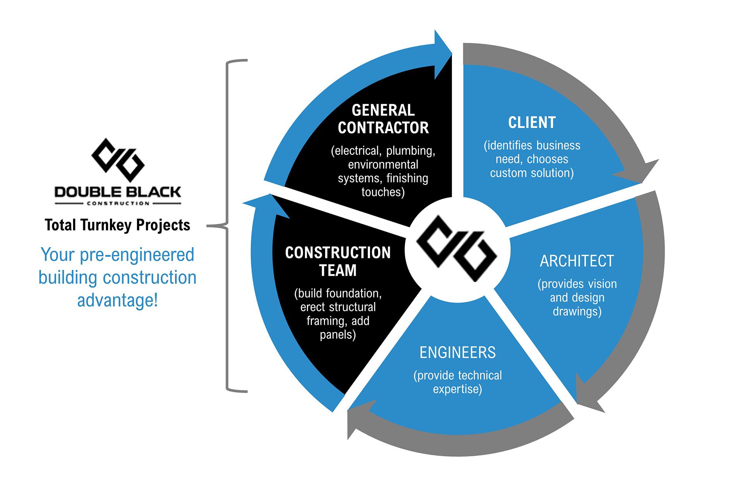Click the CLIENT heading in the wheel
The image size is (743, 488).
coord(532,122)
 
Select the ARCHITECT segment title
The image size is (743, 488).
coord(577,261)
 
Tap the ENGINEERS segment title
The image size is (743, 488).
coord(457,352)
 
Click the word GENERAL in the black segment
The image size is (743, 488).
coord(383,110)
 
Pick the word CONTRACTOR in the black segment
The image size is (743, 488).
coord(383,128)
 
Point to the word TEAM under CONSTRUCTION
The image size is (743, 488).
coord(338,270)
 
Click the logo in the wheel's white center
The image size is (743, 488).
coord(457,248)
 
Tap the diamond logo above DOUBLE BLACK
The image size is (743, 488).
coord(118,160)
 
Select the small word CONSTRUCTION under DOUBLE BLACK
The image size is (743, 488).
coord(118,203)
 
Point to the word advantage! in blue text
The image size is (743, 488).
coord(118,300)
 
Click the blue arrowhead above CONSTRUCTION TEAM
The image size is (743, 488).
coord(267,205)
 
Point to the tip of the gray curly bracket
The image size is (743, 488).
coord(207,226)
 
